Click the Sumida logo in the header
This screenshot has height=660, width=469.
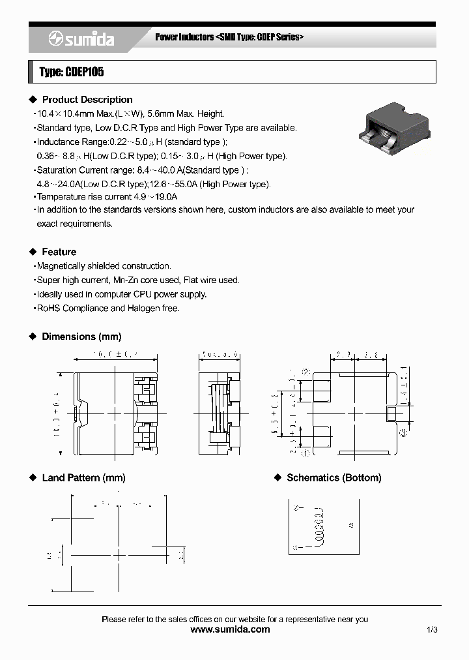[81, 39]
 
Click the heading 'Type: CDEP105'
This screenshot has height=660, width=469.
[72, 72]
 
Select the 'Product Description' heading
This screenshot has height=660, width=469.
[87, 100]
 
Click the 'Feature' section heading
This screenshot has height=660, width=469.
[59, 252]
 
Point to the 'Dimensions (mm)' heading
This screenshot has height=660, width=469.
[81, 337]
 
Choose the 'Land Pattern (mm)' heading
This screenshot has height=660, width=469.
[83, 478]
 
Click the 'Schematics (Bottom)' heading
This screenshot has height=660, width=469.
[334, 478]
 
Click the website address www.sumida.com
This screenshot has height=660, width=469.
[229, 629]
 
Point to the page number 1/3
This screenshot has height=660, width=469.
[432, 629]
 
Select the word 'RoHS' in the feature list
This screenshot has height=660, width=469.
[48, 308]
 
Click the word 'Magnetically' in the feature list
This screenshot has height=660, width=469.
[63, 266]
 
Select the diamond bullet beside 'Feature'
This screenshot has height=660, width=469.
[33, 252]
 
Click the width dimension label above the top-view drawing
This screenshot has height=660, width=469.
[115, 355]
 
